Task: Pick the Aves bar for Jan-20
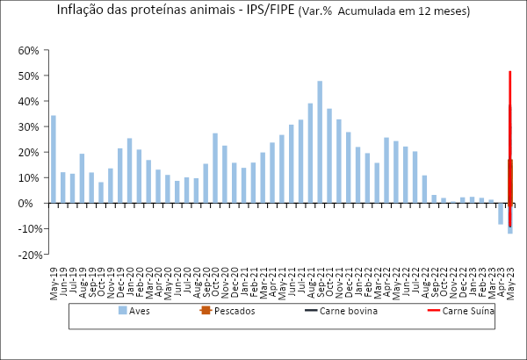[x=129, y=170]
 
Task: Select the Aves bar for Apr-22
[x=386, y=170]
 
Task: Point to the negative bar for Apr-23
[x=501, y=213]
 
